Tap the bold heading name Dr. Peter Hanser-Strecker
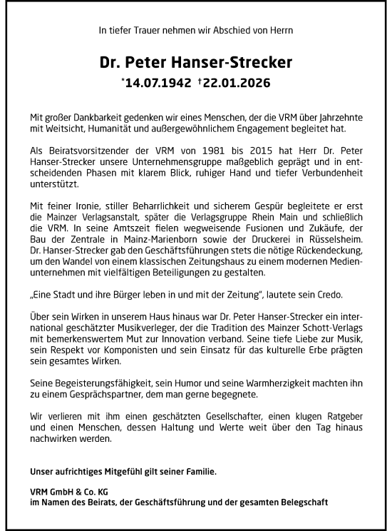pos(196,62)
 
